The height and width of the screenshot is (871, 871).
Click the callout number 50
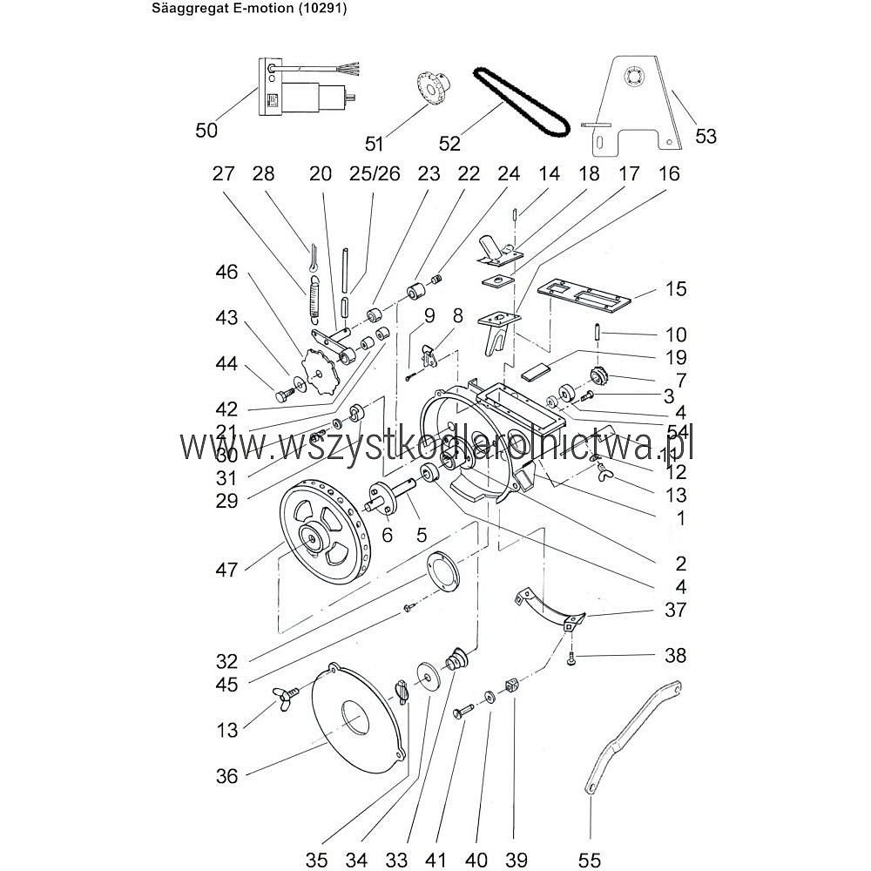coord(206,131)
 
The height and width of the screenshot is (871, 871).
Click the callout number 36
coord(226,775)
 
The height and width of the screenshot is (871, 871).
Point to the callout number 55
coord(590,860)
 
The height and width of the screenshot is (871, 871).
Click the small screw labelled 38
coord(571,659)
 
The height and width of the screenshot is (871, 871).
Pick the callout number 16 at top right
coord(669,173)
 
